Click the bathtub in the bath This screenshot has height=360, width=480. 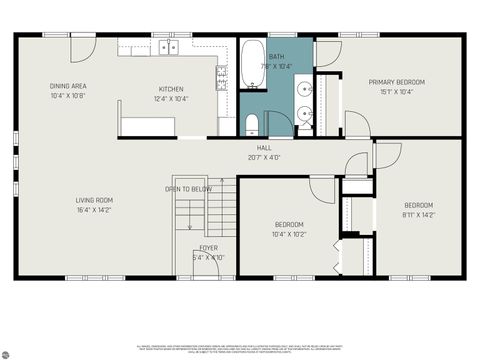pyautogui.click(x=251, y=64)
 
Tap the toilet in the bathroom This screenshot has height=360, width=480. pyautogui.click(x=252, y=124)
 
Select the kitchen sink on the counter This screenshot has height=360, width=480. pyautogui.click(x=169, y=46)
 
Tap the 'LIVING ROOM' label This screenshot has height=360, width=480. pyautogui.click(x=94, y=200)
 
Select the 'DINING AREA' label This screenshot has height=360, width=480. pyautogui.click(x=68, y=86)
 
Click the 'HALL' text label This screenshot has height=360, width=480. pyautogui.click(x=264, y=148)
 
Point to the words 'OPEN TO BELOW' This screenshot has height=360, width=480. pyautogui.click(x=188, y=188)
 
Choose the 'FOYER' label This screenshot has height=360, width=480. pyautogui.click(x=208, y=247)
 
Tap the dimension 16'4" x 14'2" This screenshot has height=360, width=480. pyautogui.click(x=94, y=211)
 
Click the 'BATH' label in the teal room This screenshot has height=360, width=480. pyautogui.click(x=277, y=57)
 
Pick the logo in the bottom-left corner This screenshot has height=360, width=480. pyautogui.click(x=8, y=351)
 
